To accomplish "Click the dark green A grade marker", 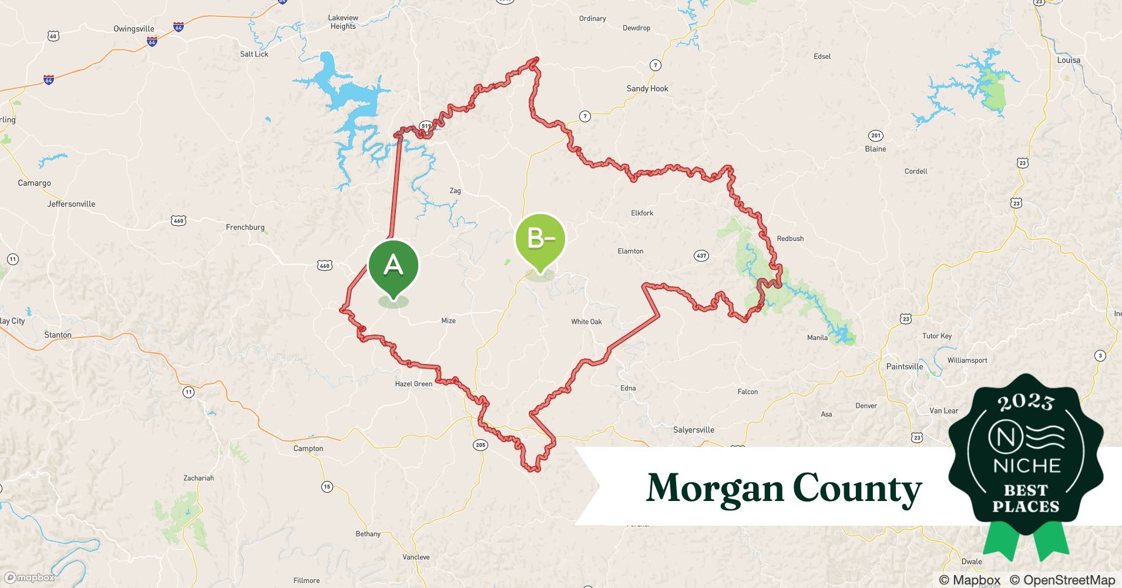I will [393, 266].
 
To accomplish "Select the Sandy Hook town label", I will [647, 89].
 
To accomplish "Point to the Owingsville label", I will [134, 29].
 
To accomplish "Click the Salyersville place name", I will [693, 430].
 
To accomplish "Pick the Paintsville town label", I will [904, 366].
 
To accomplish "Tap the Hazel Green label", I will [414, 384].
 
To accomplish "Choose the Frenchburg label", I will [245, 228].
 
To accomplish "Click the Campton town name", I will [308, 449].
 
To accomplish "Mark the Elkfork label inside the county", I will [641, 213].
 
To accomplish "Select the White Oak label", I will [586, 322].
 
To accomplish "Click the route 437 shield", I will [701, 256].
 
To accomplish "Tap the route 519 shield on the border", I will [426, 126].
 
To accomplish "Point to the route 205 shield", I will [480, 445].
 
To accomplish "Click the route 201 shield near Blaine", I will [876, 136].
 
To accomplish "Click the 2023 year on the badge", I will [1026, 403].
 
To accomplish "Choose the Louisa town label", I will [1068, 61].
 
